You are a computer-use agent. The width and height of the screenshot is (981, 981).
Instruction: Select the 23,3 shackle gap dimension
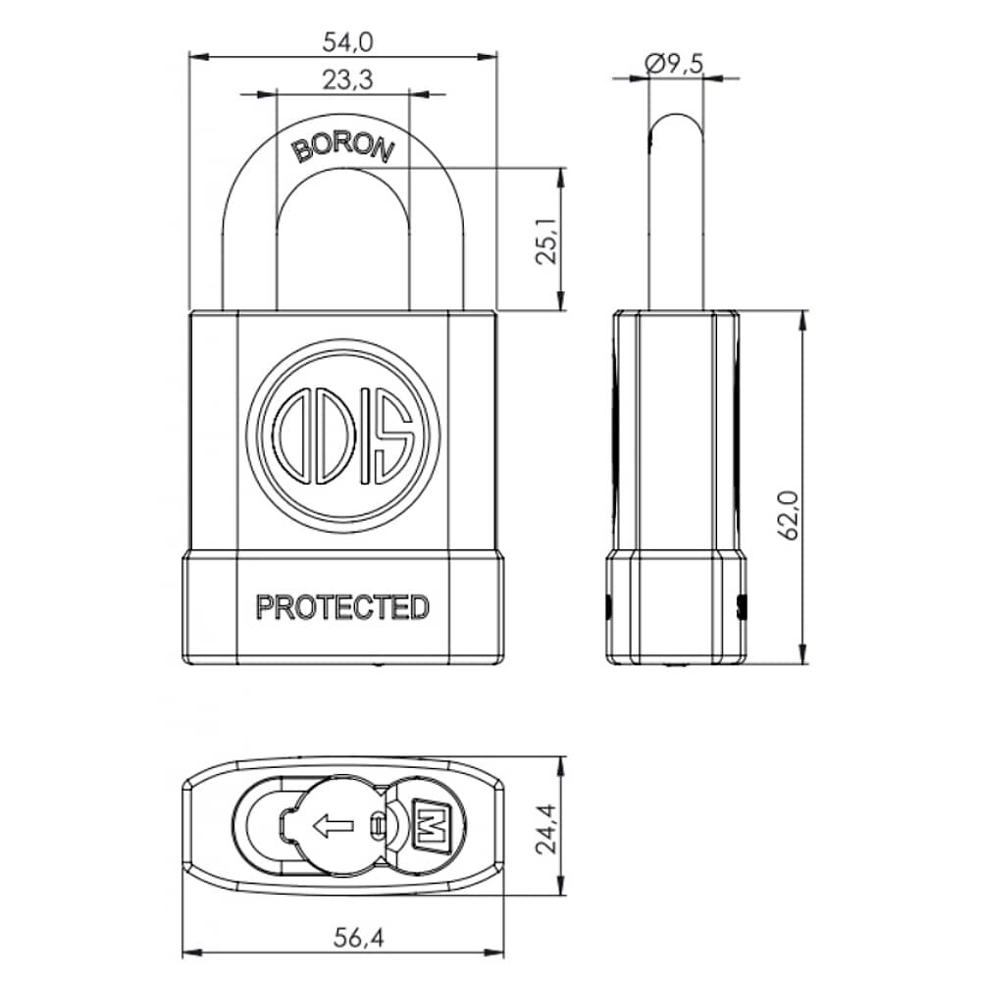[x=343, y=80]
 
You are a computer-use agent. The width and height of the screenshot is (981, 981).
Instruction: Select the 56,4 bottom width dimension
[x=343, y=937]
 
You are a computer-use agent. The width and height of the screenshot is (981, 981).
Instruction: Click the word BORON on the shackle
[x=343, y=147]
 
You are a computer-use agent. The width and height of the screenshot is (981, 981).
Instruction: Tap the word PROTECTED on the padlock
[x=342, y=607]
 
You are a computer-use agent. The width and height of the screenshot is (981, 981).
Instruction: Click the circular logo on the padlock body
[x=343, y=437]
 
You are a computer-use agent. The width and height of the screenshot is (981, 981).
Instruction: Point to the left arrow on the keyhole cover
[x=333, y=826]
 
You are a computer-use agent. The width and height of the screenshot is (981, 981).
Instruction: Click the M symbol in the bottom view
[x=428, y=822]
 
